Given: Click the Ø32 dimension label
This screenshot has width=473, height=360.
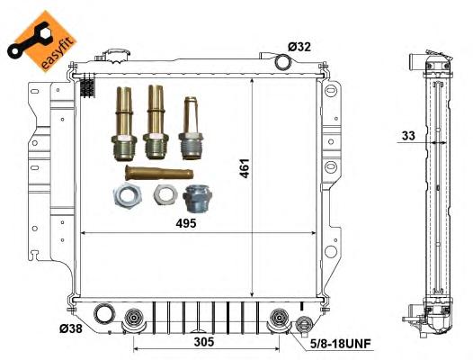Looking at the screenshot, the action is pyautogui.click(x=299, y=47).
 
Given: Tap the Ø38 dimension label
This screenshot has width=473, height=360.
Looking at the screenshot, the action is pyautogui.click(x=70, y=328).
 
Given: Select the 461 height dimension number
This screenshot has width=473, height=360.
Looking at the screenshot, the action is pyautogui.click(x=245, y=168).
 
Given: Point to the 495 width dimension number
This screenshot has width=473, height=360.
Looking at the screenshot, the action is pyautogui.click(x=186, y=223).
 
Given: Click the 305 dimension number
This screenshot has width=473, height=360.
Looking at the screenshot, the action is pyautogui.click(x=204, y=342).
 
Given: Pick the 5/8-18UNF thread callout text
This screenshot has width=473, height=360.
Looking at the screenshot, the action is pyautogui.click(x=341, y=344).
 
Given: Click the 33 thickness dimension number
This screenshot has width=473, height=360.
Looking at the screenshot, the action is pyautogui.click(x=408, y=136).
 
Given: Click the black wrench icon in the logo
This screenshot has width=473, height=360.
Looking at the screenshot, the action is pyautogui.click(x=28, y=40).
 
